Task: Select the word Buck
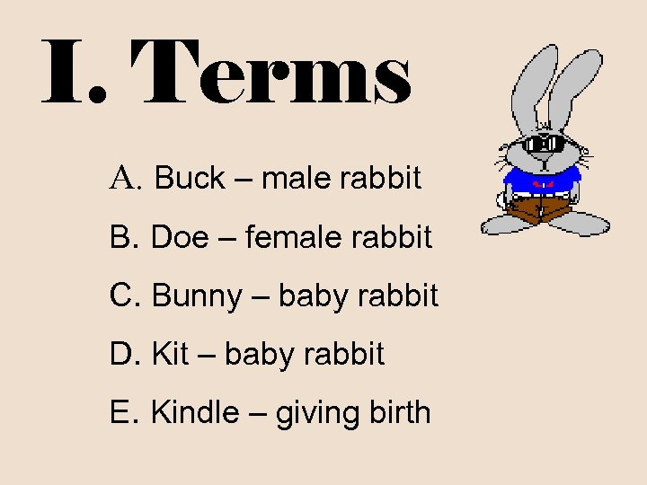coord(190,178)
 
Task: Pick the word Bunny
coord(197,295)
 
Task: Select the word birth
coord(400,412)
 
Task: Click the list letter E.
coord(123,412)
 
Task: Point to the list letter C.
coord(124,295)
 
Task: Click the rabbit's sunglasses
coord(545,145)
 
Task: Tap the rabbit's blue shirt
coord(540,180)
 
